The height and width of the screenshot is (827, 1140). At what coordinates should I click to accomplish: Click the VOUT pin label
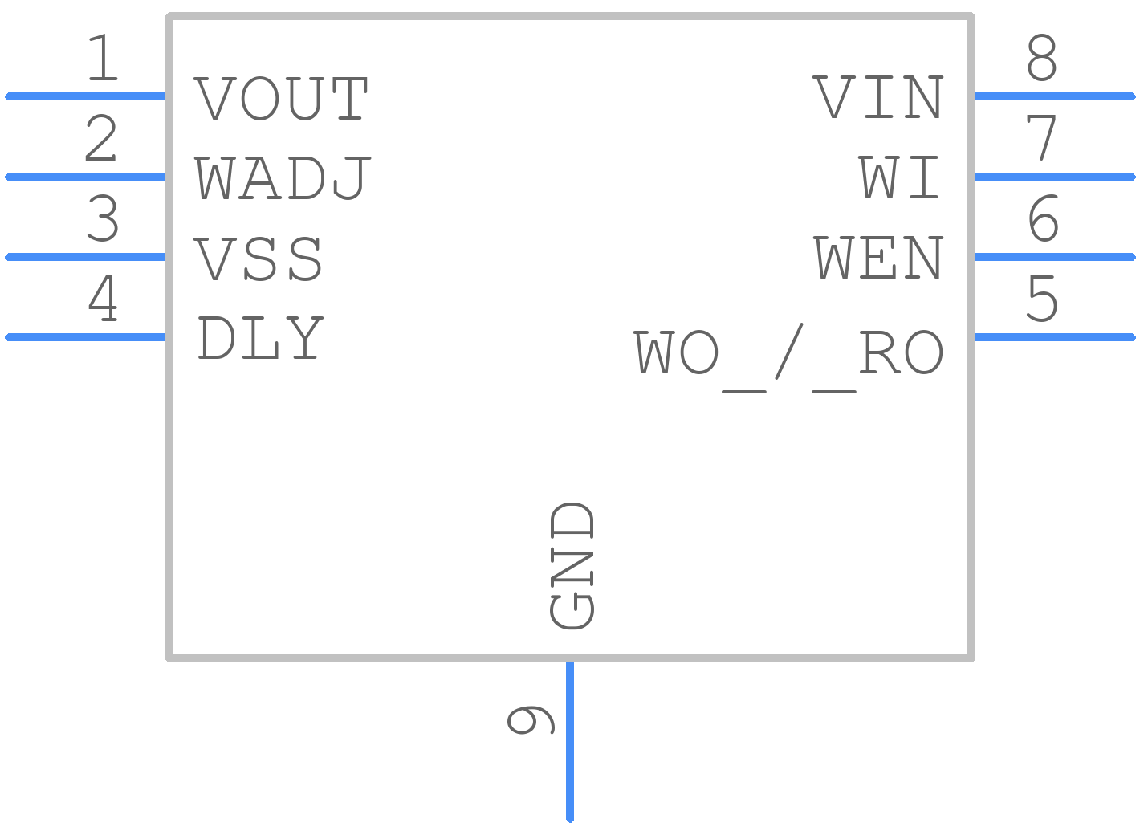pyautogui.click(x=280, y=98)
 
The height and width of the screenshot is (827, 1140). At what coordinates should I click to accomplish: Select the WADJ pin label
pyautogui.click(x=283, y=178)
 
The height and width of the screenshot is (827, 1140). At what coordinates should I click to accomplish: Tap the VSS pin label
pyautogui.click(x=258, y=259)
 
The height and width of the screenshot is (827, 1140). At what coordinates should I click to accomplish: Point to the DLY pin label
pyautogui.click(x=259, y=337)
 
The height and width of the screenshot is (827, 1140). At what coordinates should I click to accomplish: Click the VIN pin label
pyautogui.click(x=878, y=97)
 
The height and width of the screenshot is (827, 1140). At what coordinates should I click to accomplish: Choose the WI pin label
pyautogui.click(x=899, y=177)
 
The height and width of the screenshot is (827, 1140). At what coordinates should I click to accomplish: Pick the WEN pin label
pyautogui.click(x=879, y=257)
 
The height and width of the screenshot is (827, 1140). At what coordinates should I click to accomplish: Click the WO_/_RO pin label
pyautogui.click(x=789, y=358)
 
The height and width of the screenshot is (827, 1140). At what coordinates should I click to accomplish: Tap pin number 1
pyautogui.click(x=103, y=57)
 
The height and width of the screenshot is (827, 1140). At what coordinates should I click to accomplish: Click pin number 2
pyautogui.click(x=101, y=137)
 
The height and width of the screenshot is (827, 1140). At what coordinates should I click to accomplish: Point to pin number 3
pyautogui.click(x=102, y=218)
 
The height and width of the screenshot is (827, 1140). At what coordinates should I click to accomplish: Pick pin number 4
pyautogui.click(x=103, y=298)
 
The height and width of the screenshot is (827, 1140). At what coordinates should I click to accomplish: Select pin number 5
pyautogui.click(x=1042, y=298)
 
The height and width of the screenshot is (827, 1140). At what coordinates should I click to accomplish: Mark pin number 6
pyautogui.click(x=1043, y=218)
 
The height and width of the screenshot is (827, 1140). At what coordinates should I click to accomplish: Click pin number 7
pyautogui.click(x=1041, y=137)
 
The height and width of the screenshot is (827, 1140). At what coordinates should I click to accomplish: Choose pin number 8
pyautogui.click(x=1042, y=57)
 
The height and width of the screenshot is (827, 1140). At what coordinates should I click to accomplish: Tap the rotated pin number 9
pyautogui.click(x=531, y=720)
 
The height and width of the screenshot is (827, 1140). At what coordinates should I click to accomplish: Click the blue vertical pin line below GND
pyautogui.click(x=570, y=742)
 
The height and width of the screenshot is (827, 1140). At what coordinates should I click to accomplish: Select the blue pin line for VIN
pyautogui.click(x=1055, y=96)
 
